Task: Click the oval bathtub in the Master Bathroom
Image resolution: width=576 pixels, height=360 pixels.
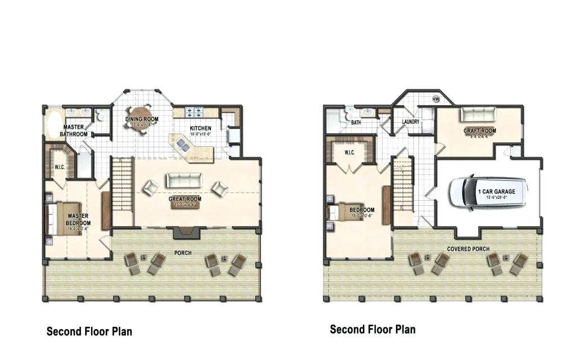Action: [55, 125]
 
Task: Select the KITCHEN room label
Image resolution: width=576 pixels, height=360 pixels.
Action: [200, 128]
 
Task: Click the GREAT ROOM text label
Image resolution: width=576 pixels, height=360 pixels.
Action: [185, 199]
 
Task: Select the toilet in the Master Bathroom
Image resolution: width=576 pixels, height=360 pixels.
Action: [100, 116]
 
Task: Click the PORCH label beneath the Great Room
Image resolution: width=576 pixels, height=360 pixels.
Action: [182, 253]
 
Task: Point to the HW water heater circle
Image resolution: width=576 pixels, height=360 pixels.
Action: [436, 99]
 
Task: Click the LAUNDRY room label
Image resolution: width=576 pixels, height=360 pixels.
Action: [411, 122]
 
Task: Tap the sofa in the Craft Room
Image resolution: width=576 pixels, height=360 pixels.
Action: [478, 114]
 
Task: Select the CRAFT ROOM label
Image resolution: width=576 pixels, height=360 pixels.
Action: [480, 131]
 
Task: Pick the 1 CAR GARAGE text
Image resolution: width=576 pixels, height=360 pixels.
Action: [496, 192]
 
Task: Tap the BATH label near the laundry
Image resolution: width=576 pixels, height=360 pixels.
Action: [356, 122]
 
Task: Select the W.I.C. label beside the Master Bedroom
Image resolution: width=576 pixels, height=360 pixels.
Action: [60, 167]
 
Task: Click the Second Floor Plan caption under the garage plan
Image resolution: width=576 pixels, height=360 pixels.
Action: [372, 329]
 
